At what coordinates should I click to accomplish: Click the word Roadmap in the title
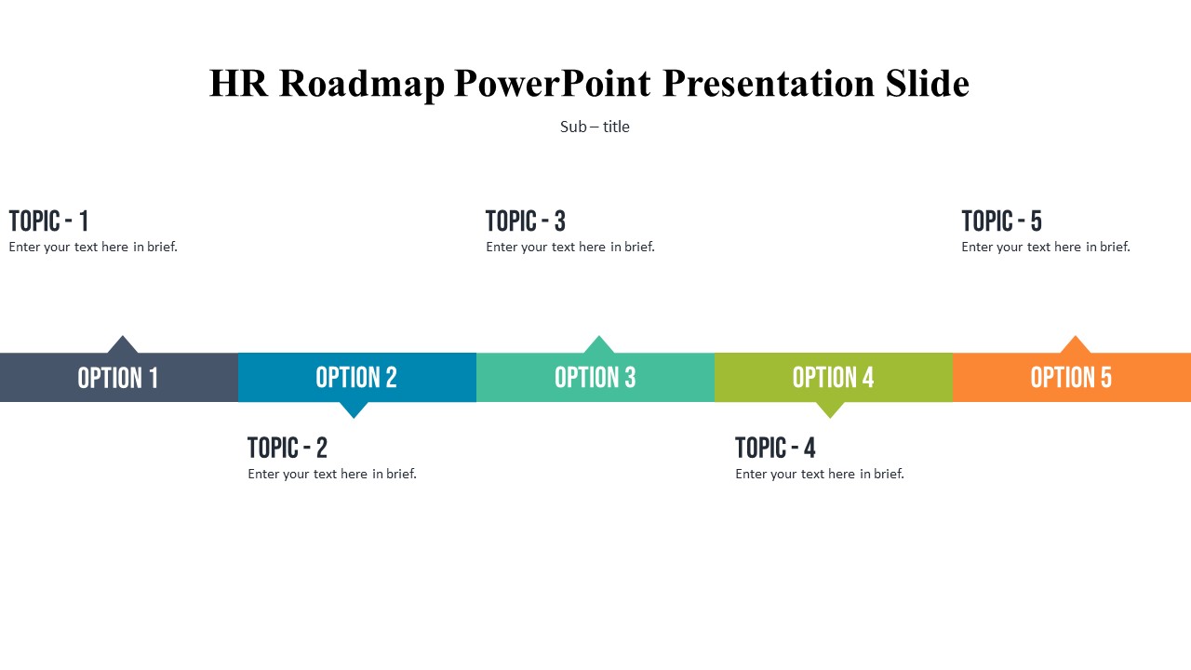(362, 84)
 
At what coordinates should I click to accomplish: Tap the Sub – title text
(595, 127)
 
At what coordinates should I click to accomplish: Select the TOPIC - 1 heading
(48, 221)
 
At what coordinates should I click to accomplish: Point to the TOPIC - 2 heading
(288, 448)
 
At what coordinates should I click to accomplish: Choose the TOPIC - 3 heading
(526, 221)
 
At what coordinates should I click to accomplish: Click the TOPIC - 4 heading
(775, 448)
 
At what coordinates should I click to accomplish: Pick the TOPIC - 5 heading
(1002, 221)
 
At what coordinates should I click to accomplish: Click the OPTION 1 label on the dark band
(118, 378)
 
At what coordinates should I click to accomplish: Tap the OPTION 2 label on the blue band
(356, 378)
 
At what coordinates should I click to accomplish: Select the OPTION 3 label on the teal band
(595, 378)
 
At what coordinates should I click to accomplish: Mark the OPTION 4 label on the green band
(833, 378)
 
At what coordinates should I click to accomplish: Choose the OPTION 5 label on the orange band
(1071, 378)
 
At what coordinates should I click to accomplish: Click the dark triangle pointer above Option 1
(123, 345)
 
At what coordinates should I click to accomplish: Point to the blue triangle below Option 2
(354, 409)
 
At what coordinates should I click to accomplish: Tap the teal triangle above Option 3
(598, 345)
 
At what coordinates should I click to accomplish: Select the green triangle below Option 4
(830, 409)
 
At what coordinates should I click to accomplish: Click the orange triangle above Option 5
(1075, 345)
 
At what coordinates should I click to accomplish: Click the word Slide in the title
(928, 83)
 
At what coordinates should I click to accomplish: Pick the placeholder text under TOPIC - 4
(820, 474)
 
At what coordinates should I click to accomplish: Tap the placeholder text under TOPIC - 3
(570, 247)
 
